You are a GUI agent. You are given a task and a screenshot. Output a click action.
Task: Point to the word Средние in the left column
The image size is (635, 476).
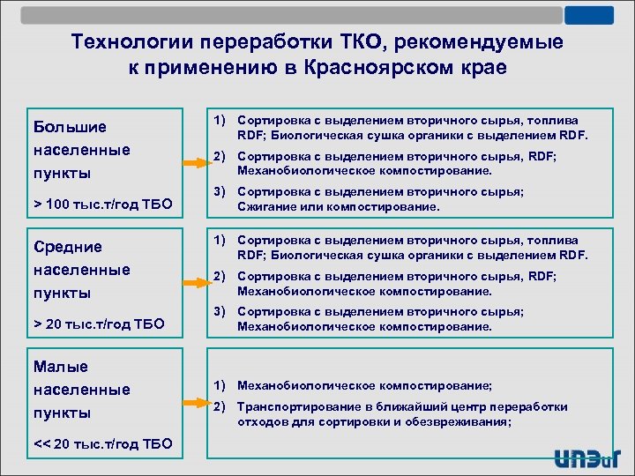click(x=67, y=247)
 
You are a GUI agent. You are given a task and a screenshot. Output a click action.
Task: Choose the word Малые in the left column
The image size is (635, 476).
click(x=60, y=367)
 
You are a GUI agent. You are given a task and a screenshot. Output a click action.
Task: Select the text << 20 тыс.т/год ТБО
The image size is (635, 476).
click(x=97, y=443)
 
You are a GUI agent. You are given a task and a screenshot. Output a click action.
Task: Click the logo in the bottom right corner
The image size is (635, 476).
click(x=586, y=457)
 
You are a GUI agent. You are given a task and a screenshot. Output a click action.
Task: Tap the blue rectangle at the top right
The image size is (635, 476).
click(x=589, y=15)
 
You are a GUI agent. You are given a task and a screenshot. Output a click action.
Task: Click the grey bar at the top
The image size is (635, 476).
click(x=291, y=15)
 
